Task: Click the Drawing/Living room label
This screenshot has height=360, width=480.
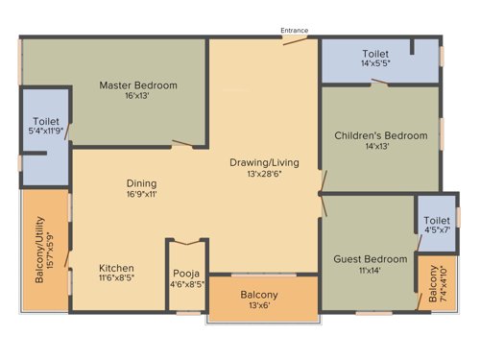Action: tap(261, 161)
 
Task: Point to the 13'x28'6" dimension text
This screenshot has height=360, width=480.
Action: tap(261, 174)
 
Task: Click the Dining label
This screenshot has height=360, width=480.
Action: tap(141, 182)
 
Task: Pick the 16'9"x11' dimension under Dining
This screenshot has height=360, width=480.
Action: tap(141, 194)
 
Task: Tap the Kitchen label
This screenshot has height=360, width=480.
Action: tap(116, 268)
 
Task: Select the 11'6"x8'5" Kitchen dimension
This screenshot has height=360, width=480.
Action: tap(116, 279)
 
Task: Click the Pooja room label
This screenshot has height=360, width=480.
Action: tap(187, 273)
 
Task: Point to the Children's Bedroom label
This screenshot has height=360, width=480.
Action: tap(381, 135)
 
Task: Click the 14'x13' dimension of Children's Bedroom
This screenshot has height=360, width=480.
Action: tap(381, 147)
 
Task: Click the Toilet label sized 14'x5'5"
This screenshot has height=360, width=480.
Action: tap(375, 53)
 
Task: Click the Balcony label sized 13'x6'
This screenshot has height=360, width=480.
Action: tap(259, 295)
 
